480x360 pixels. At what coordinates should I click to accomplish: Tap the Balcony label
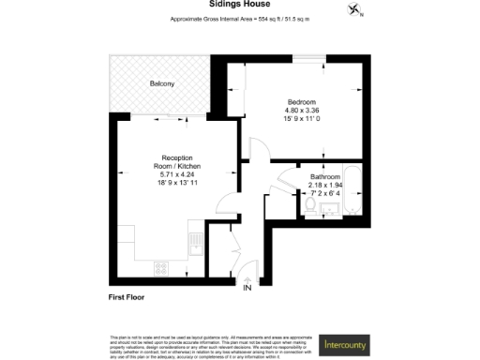(x=162, y=84)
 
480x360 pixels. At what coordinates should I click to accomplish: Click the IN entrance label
(x=247, y=289)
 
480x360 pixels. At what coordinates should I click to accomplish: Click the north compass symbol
(x=354, y=10)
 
